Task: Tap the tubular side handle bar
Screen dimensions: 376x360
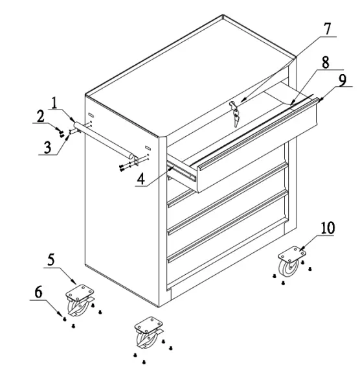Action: (x=104, y=140)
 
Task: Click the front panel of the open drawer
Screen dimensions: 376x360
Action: (x=259, y=149)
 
